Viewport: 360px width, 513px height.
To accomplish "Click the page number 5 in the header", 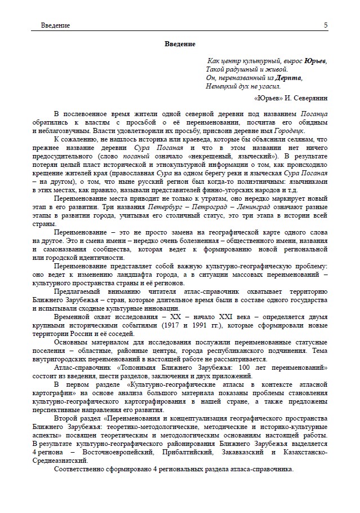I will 326,25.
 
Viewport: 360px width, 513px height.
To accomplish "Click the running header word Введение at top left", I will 56,26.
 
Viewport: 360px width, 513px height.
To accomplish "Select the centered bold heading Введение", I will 180,44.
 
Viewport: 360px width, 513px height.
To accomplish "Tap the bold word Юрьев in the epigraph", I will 315,60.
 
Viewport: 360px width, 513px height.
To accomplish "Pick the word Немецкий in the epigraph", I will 221,86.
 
